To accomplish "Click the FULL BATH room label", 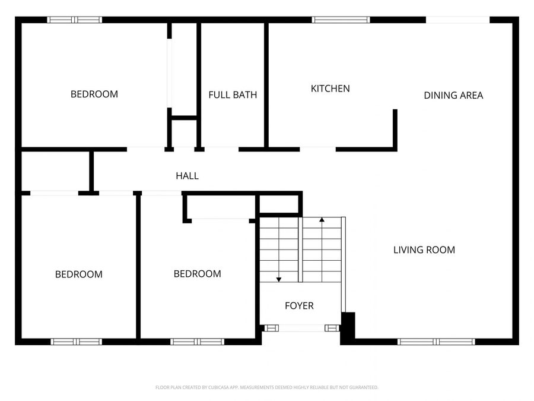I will (233, 94).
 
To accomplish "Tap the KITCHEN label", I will (330, 89).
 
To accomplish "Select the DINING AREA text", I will (453, 95).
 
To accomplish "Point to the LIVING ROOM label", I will (424, 250).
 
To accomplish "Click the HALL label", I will (187, 176).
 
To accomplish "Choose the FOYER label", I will (299, 306).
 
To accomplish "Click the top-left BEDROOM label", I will (94, 94).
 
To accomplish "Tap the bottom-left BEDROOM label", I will (79, 274).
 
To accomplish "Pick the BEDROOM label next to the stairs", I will (197, 274).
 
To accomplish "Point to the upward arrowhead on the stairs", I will (322, 220).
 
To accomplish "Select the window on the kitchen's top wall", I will (341, 20).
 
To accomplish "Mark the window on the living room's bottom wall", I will (436, 342).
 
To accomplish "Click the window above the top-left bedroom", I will (75, 20).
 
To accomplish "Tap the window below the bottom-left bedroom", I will (77, 342).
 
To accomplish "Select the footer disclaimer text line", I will (267, 387).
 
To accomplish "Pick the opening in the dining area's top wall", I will (457, 20).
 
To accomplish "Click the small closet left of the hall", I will (55, 171).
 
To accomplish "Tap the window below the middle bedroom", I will (197, 342).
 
